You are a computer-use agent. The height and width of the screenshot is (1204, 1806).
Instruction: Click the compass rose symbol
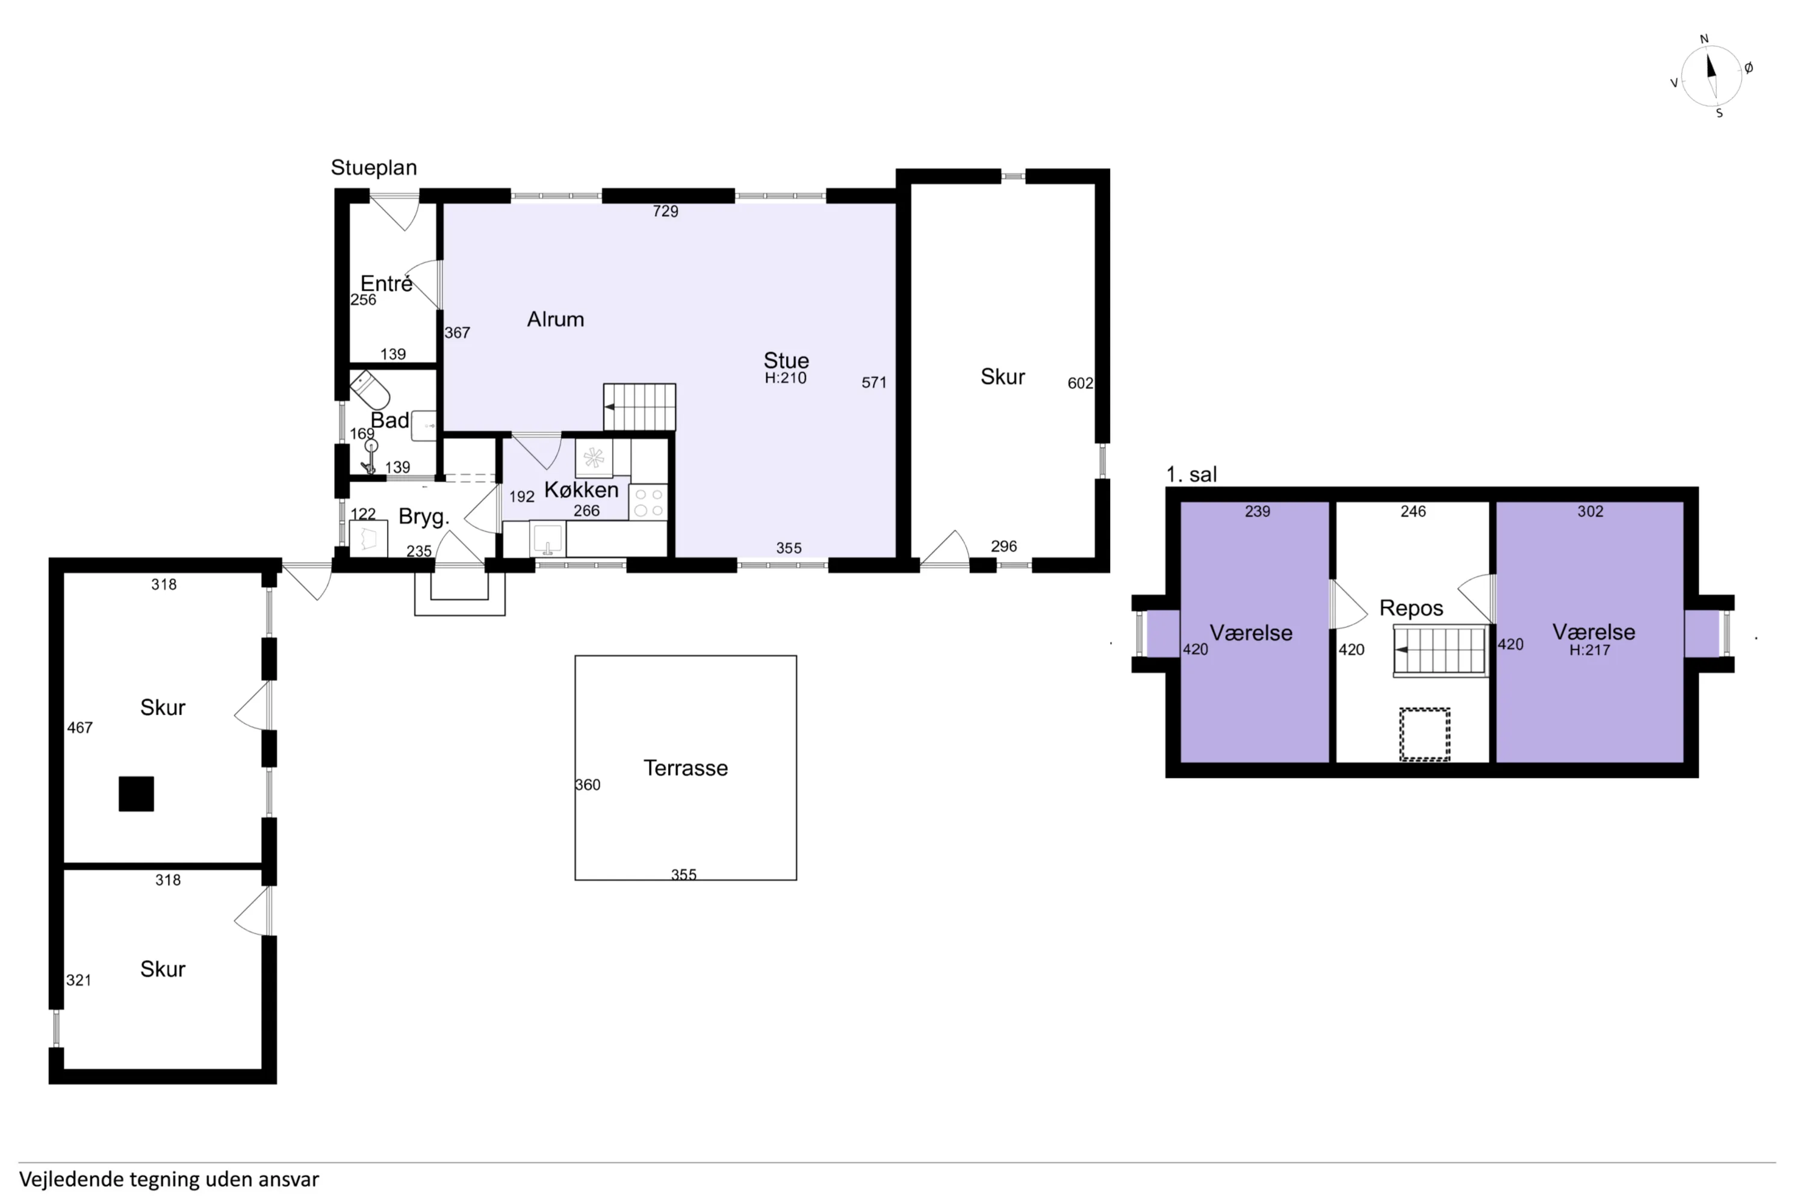[x=1711, y=75]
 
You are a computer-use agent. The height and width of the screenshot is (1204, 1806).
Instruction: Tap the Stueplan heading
[x=373, y=167]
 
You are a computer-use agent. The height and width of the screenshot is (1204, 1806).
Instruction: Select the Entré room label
[x=386, y=284]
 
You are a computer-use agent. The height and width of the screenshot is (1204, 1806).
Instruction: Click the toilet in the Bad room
[x=370, y=389]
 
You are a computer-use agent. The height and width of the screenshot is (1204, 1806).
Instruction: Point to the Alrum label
[x=555, y=320]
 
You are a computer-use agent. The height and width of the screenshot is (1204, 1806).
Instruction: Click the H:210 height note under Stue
[x=785, y=378]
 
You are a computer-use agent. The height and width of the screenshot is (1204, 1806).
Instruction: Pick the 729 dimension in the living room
[x=665, y=211]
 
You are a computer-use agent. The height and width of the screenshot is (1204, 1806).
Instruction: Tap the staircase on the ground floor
[x=639, y=406]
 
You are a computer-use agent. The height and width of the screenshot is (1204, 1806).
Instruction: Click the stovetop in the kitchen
[x=648, y=502]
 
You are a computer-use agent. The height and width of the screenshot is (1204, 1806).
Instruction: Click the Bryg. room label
[x=423, y=517]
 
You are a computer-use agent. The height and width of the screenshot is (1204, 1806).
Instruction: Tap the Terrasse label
[x=685, y=768]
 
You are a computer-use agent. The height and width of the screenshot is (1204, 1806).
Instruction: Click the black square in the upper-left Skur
[x=136, y=794]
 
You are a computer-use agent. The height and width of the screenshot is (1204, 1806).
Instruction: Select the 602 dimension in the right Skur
[x=1079, y=383]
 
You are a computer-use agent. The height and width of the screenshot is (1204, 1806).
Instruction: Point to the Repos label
[x=1410, y=608]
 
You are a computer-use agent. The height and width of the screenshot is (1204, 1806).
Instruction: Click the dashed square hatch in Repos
[x=1424, y=734]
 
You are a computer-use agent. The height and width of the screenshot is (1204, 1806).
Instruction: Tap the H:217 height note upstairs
[x=1589, y=650]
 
